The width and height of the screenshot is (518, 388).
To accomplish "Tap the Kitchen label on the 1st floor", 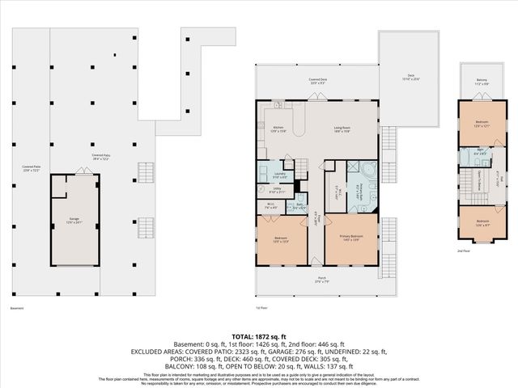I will pyautogui.click(x=278, y=129).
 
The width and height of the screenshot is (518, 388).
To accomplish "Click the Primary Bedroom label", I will pyautogui.click(x=350, y=237).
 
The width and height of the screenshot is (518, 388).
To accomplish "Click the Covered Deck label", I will pyautogui.click(x=317, y=80).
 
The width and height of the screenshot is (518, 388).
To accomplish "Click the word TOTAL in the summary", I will pyautogui.click(x=245, y=335).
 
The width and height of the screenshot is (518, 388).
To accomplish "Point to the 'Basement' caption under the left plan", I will pyautogui.click(x=17, y=307).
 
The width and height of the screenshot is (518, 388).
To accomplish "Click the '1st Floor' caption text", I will pyautogui.click(x=261, y=307).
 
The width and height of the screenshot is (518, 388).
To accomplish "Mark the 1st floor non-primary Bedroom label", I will pyautogui.click(x=281, y=238).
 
